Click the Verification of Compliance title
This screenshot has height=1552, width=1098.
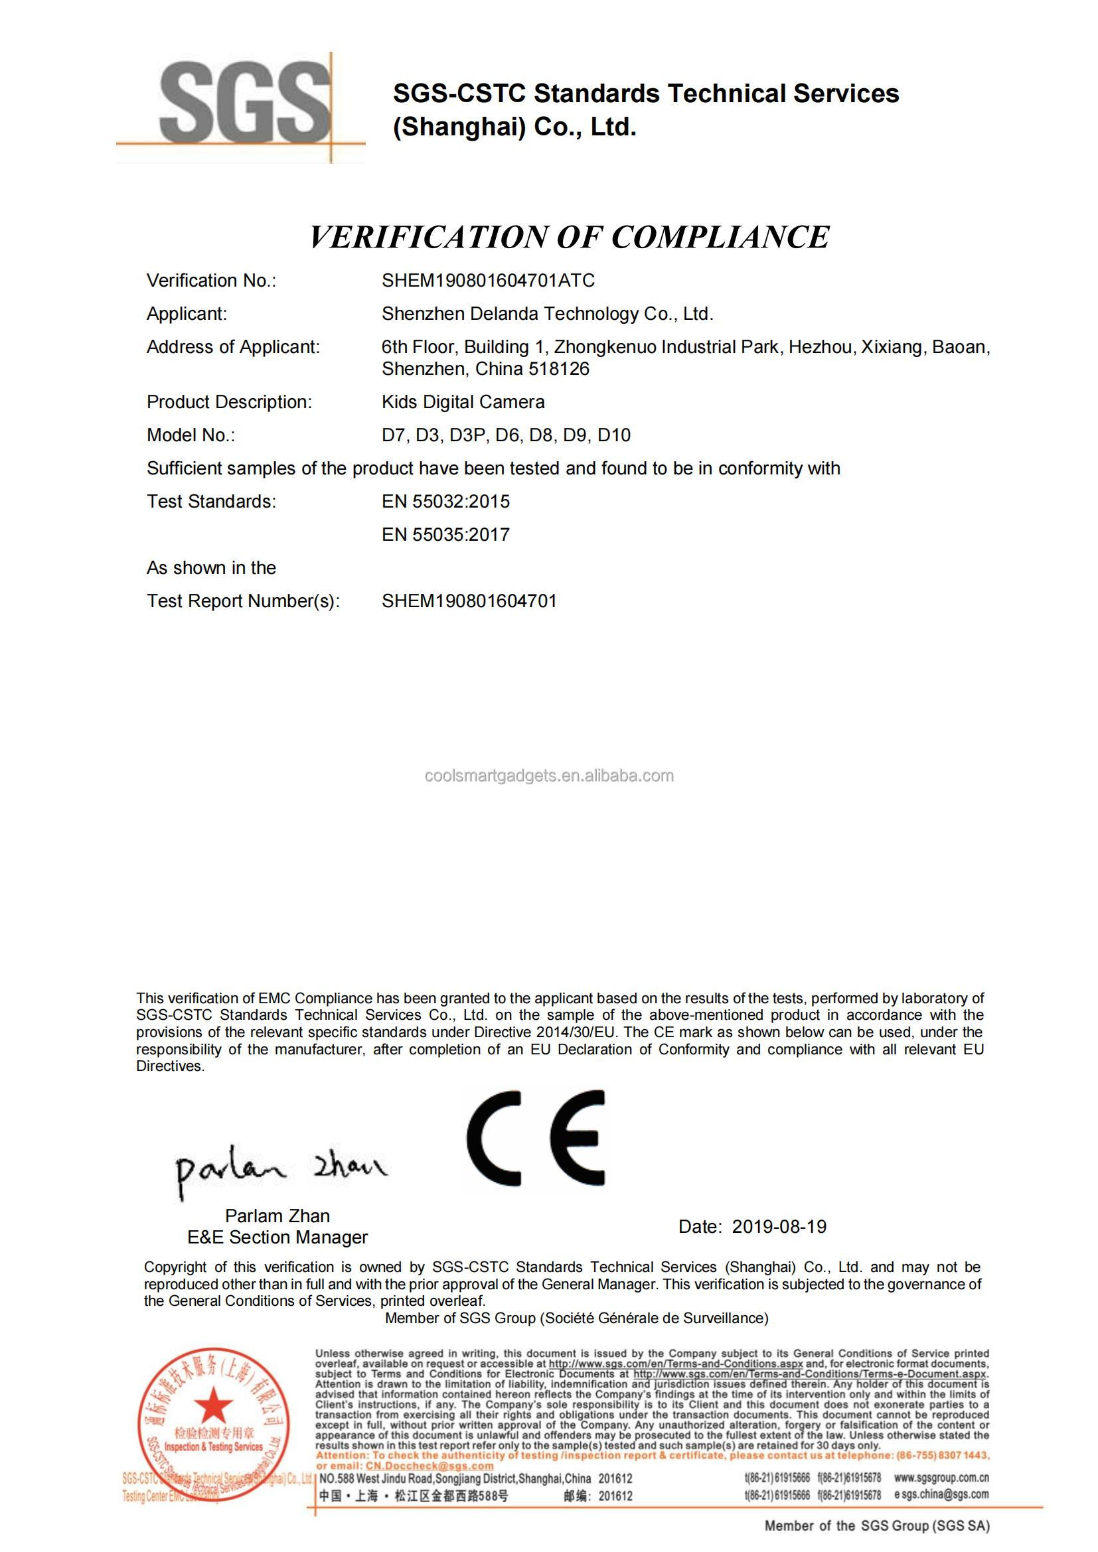coord(570,238)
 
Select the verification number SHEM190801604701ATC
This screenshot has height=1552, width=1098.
coord(488,281)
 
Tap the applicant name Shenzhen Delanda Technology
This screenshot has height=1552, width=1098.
coord(547,314)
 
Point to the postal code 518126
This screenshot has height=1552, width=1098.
coord(559,369)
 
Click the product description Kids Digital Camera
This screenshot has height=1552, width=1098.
coord(463,402)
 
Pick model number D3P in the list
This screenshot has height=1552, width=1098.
coord(467,435)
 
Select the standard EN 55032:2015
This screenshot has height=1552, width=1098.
coord(445,502)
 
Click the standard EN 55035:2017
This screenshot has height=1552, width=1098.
coord(445,535)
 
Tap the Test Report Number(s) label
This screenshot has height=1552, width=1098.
coord(243,601)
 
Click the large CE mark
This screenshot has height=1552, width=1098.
coord(536,1138)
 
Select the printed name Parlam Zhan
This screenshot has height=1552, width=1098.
coord(277,1216)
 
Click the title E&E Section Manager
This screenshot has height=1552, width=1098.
coord(277,1237)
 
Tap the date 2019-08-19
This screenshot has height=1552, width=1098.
coord(779,1227)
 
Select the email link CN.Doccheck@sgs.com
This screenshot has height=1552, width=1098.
coord(429,1466)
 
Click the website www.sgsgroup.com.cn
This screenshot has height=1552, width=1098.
coord(941,1478)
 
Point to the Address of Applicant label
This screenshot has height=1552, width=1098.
coord(233,348)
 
